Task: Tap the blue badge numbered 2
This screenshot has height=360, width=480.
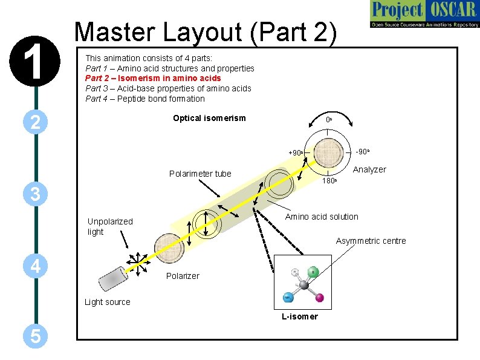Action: pos(36,123)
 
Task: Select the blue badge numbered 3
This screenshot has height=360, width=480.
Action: pos(36,194)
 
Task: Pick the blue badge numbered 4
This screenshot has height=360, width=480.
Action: pos(36,266)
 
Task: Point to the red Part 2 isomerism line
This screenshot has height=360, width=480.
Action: pos(153,78)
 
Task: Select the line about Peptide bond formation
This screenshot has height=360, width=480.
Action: pos(145,99)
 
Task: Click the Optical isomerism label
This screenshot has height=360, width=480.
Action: pos(209,118)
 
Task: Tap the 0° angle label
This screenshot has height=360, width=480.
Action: pos(329,120)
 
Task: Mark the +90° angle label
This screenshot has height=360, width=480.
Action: pos(296,153)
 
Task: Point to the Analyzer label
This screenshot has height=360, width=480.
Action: pos(369,169)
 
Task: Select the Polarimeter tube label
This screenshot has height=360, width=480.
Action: pos(200,174)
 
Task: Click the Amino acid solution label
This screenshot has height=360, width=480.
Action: pos(322,217)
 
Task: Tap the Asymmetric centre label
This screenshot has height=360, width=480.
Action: pos(371,241)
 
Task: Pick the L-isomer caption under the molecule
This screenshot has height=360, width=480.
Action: pos(299,316)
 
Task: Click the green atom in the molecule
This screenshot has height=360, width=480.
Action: pos(313,272)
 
